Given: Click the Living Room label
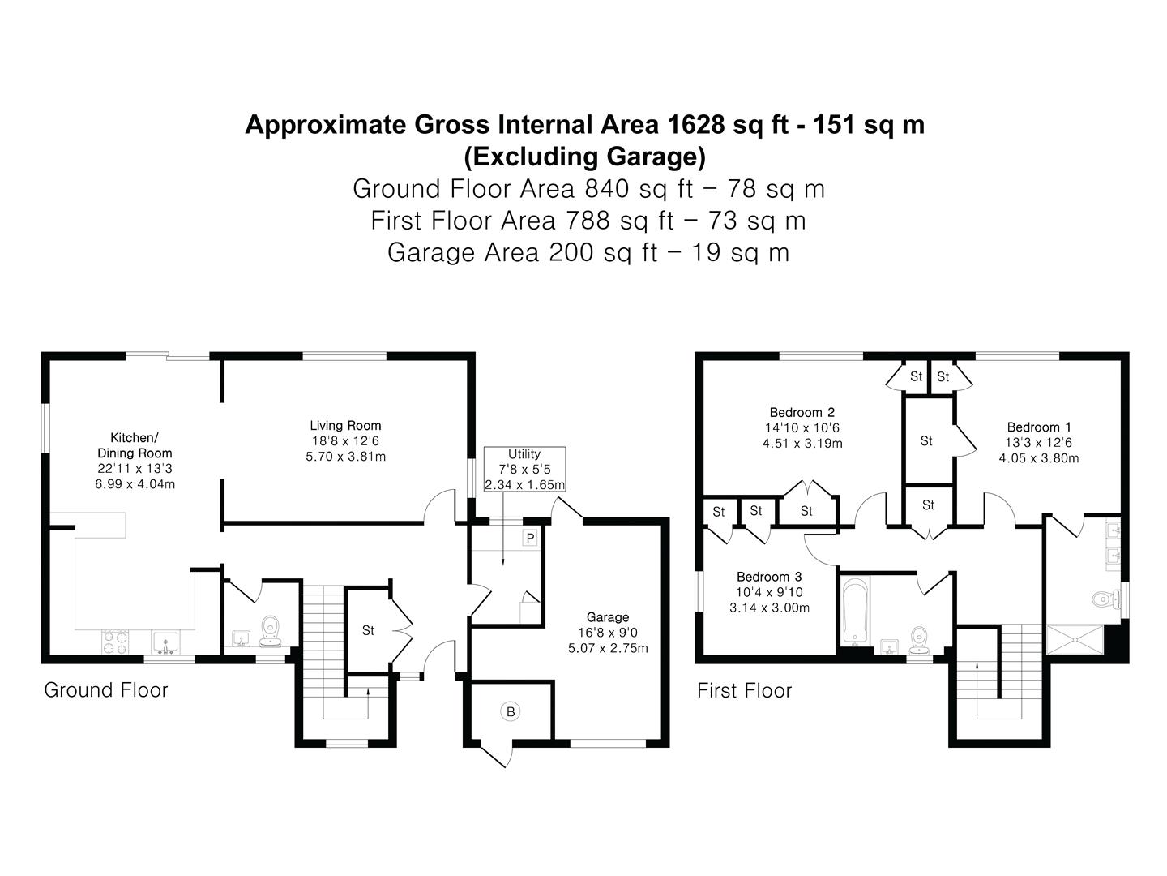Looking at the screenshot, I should [x=345, y=425].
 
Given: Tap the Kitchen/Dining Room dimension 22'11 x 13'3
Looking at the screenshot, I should [x=135, y=469].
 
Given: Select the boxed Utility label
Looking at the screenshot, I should [x=524, y=454].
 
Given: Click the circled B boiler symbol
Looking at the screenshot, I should [x=511, y=712].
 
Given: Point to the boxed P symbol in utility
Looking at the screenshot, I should [x=530, y=538].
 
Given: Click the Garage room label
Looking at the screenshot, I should [x=608, y=617].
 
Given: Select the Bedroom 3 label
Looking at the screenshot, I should [x=769, y=578].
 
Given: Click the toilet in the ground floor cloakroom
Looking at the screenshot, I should [x=271, y=628].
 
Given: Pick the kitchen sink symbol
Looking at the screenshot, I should [x=166, y=642].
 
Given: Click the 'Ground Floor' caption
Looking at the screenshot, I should [x=106, y=690].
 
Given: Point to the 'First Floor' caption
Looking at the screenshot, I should [x=744, y=691].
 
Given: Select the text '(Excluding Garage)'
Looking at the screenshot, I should [x=584, y=156].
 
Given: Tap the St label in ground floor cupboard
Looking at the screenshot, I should [x=368, y=630].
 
